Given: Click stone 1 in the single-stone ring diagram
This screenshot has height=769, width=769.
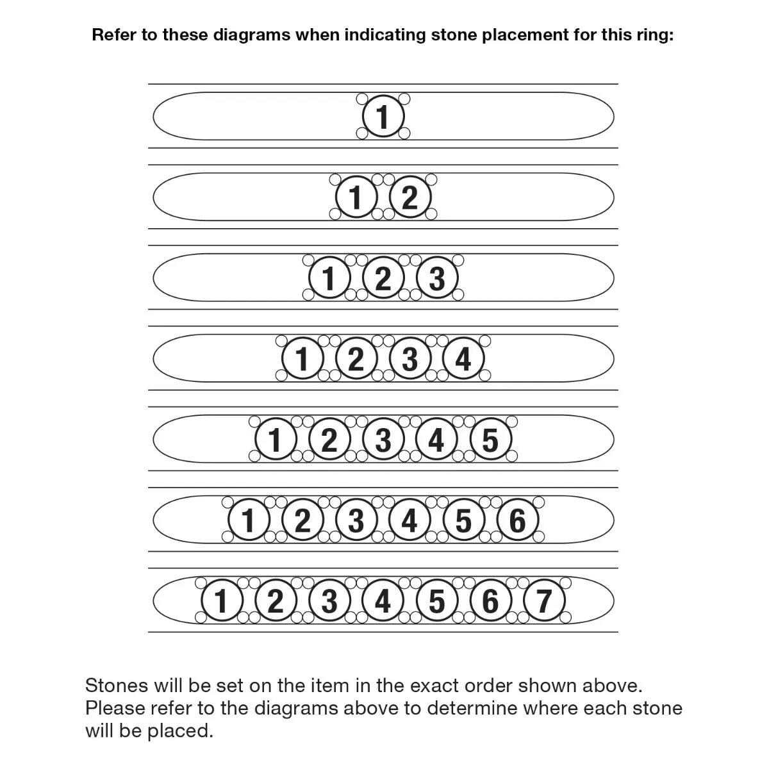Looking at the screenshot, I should (383, 117).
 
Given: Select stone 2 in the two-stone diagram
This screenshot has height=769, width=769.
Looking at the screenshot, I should (410, 197).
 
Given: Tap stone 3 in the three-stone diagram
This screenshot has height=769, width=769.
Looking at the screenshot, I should (437, 278).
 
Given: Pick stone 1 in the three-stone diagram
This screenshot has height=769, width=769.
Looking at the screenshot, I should (329, 278).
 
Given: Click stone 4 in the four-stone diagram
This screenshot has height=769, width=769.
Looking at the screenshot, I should (464, 359).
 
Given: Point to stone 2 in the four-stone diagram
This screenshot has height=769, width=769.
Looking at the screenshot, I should (356, 359).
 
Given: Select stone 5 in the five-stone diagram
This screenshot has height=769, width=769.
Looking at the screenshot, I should (491, 440).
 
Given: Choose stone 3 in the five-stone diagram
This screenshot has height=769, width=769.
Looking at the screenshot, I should (383, 440).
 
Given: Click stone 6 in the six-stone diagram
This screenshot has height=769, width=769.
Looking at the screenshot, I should (518, 520).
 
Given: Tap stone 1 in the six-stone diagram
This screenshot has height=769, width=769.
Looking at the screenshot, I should (249, 520).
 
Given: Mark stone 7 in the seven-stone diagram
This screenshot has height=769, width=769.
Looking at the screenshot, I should (545, 601).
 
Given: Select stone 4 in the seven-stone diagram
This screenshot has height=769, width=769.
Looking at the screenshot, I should (383, 601).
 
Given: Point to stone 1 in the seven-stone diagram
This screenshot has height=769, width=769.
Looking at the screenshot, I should (222, 601).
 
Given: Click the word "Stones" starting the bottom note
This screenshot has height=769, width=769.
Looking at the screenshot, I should (119, 685).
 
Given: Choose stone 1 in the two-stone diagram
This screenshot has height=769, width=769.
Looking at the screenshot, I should (356, 197).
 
